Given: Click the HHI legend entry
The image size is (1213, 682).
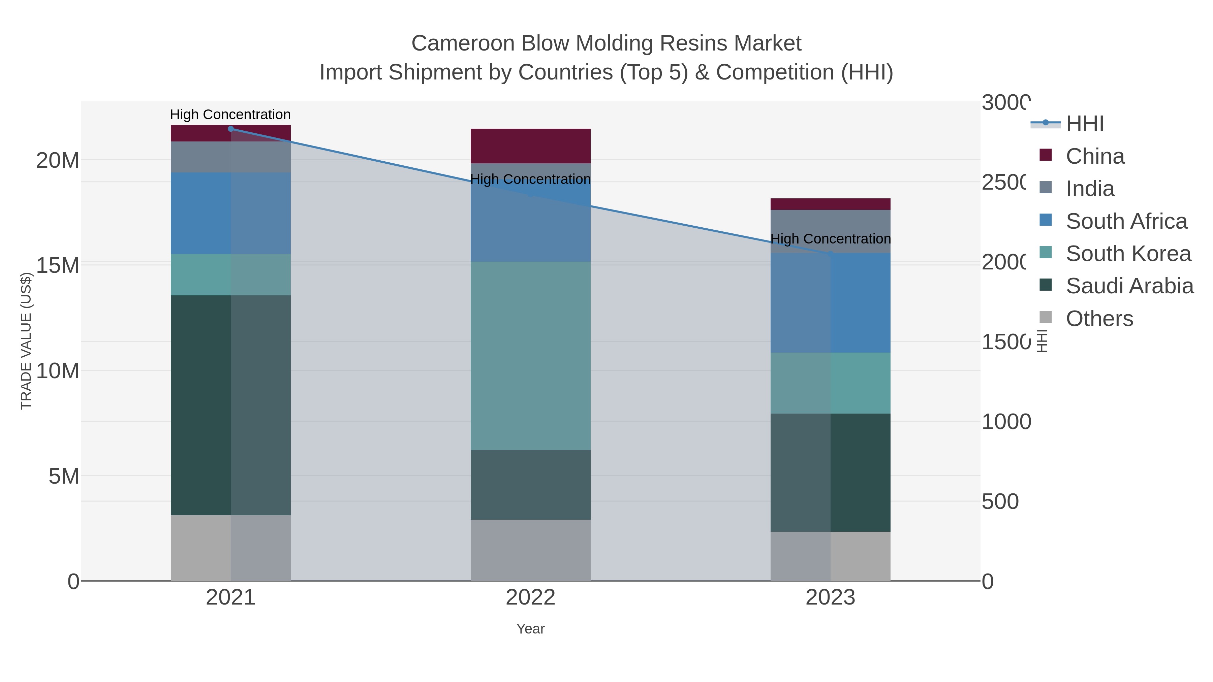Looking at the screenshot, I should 1084,124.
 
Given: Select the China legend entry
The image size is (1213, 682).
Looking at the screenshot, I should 1095,156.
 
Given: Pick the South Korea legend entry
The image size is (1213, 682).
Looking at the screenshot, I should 1128,254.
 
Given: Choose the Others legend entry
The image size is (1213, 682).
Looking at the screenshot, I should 1099,319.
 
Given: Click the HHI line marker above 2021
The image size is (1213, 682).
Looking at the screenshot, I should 231,129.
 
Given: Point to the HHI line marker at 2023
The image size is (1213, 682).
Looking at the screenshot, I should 830,254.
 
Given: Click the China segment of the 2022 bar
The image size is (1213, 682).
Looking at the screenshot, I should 530,146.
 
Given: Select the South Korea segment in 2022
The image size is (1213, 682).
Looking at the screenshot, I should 530,355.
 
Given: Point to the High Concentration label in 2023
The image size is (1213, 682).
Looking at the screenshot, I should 830,239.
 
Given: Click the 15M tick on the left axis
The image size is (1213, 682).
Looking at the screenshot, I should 57,265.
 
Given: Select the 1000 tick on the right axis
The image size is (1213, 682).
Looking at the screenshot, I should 1006,422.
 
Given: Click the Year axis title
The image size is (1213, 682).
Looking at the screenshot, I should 530,629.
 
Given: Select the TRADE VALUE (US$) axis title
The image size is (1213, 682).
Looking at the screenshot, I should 26,341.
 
